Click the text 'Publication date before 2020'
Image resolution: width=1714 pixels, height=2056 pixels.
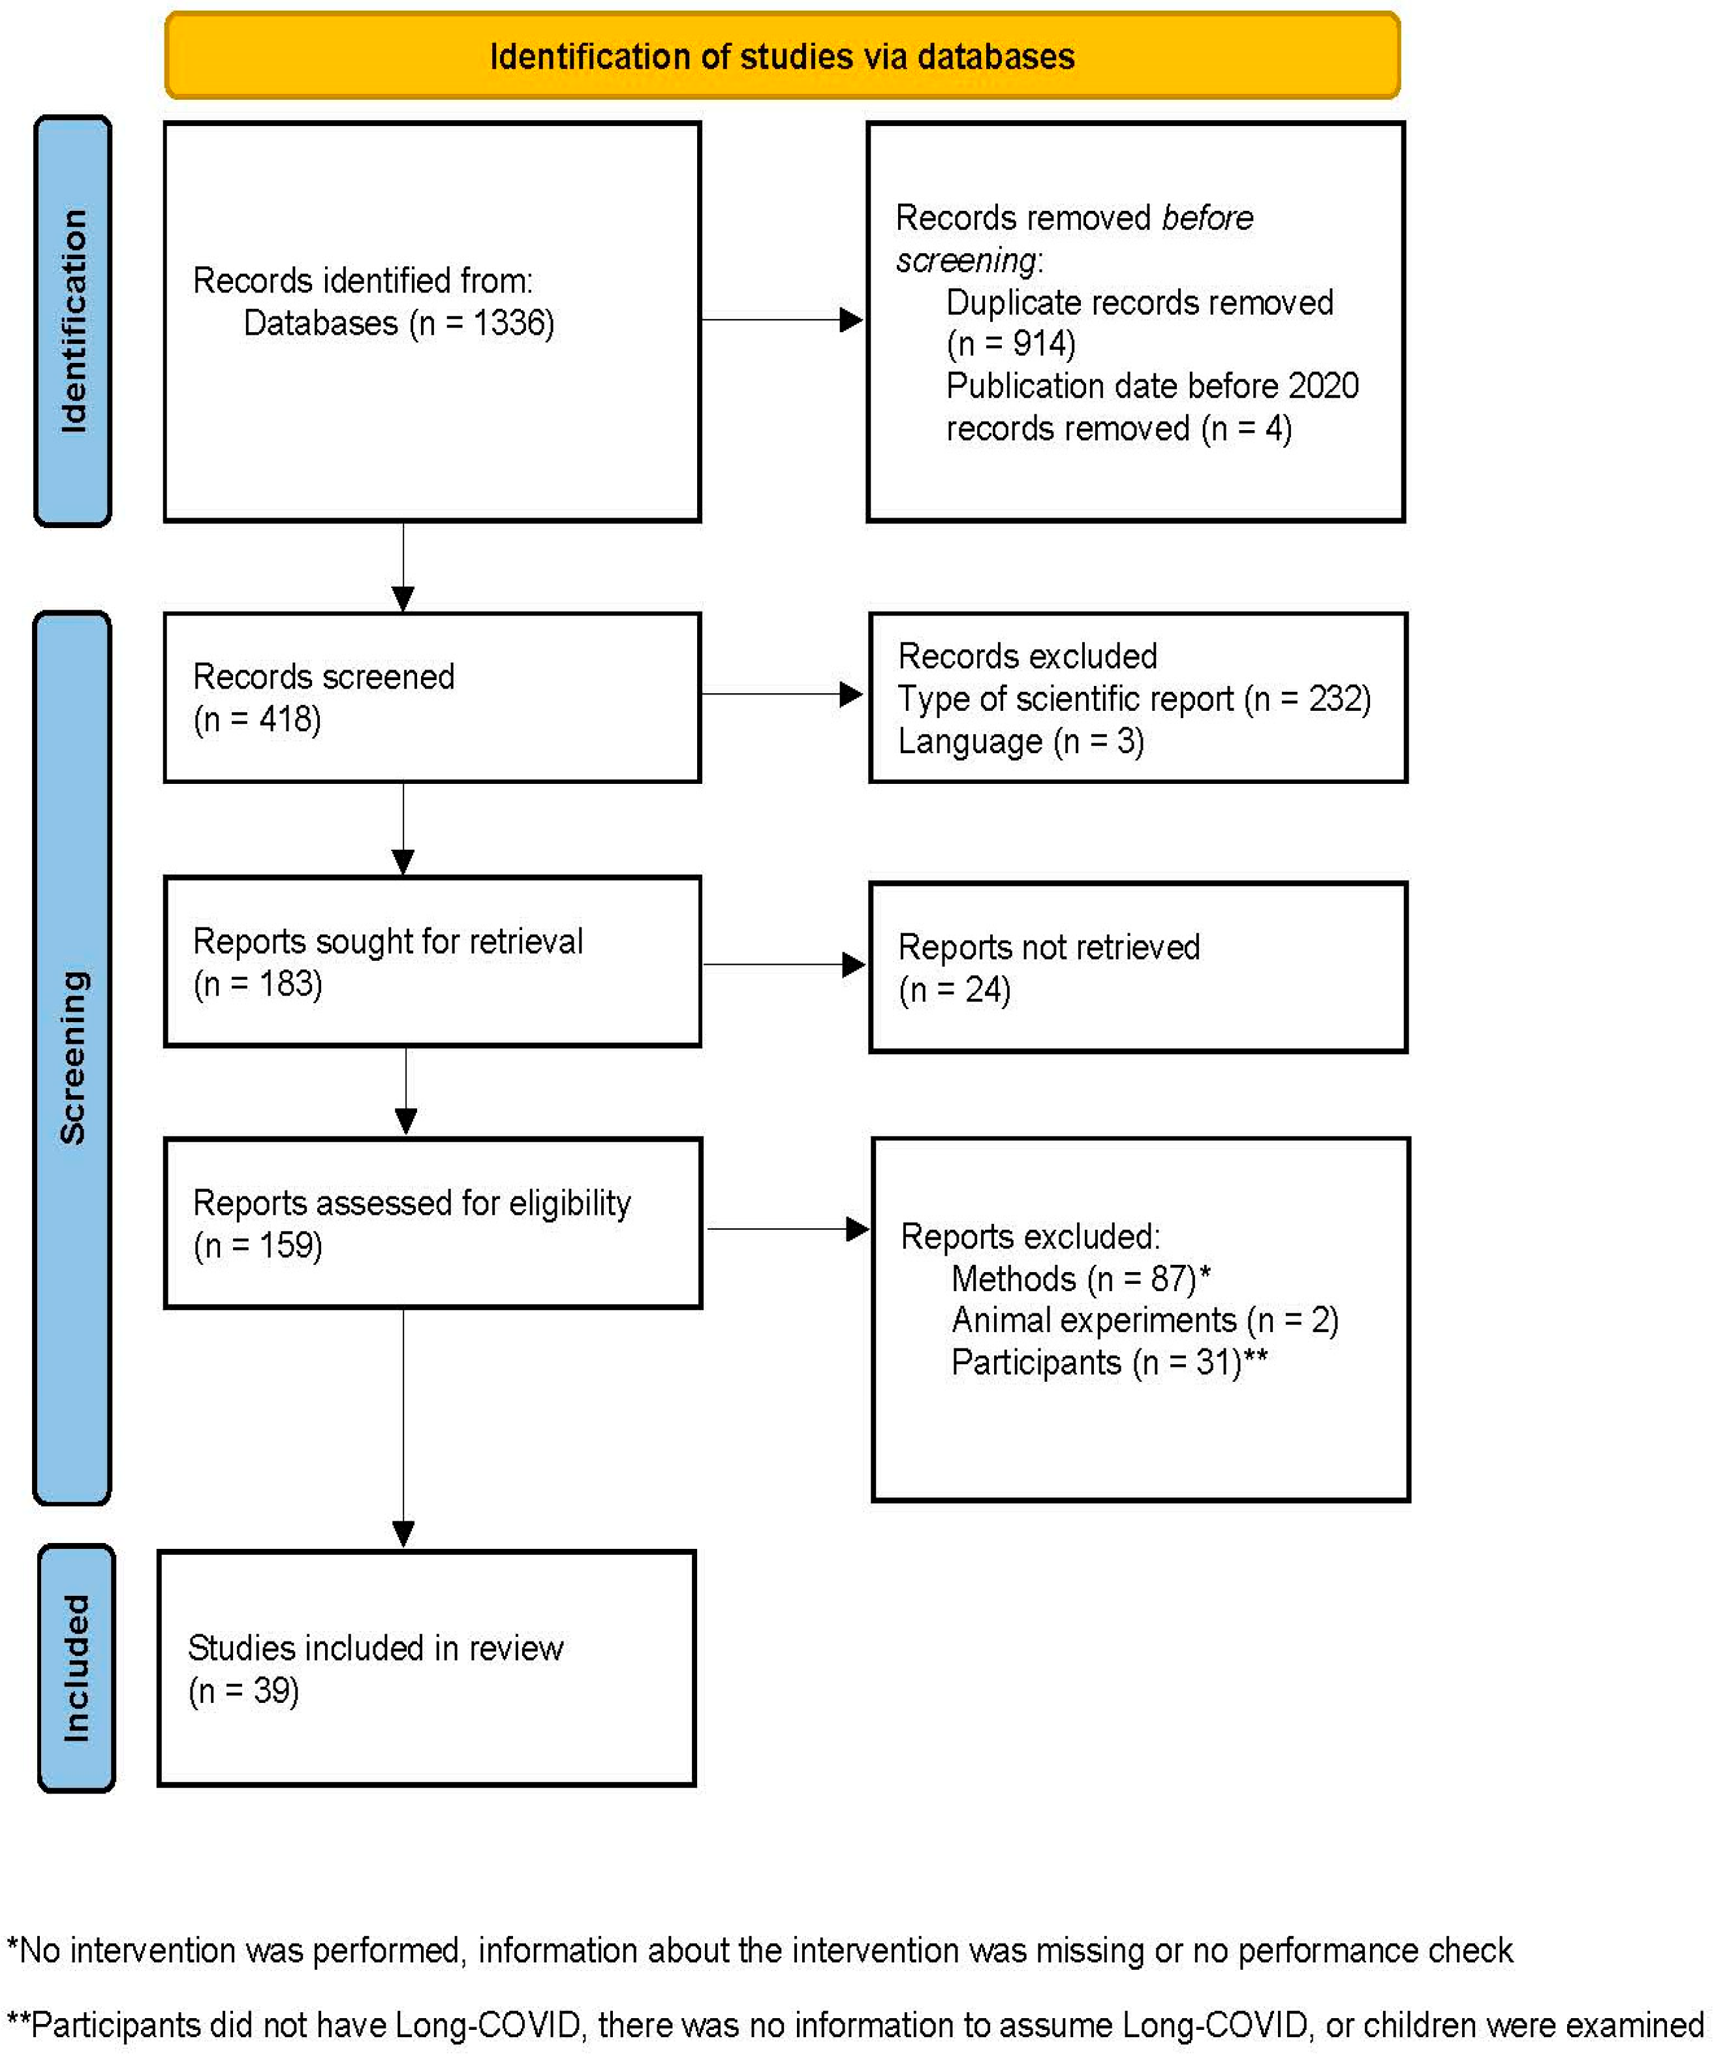(1151, 386)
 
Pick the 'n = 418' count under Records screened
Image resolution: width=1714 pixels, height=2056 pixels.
(257, 719)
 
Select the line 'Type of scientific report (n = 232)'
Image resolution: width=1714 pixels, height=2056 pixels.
(1134, 699)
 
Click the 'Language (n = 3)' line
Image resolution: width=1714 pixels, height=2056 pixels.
(1020, 741)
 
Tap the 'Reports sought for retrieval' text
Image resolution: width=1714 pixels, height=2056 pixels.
(388, 941)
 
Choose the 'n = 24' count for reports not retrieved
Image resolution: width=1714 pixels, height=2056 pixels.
(954, 989)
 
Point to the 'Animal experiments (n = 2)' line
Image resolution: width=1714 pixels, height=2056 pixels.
(1144, 1321)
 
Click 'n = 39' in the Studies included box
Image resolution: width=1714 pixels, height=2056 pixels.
(243, 1690)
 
